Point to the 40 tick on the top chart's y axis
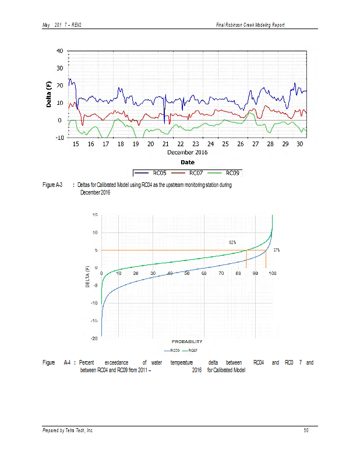[61, 50]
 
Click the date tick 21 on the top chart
[165, 143]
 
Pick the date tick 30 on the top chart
[300, 143]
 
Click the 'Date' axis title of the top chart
[187, 162]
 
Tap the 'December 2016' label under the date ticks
[187, 152]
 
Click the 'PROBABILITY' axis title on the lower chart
[187, 341]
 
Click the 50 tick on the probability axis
[187, 273]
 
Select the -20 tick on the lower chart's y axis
[93, 338]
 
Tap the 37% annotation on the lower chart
[276, 250]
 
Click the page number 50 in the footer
[306, 430]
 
